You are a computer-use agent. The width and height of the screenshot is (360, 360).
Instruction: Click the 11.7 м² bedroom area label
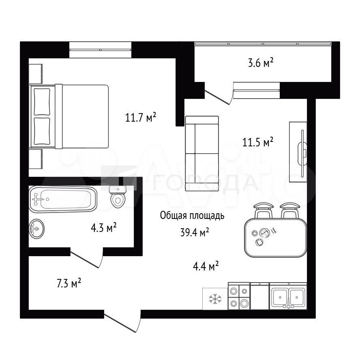click(x=141, y=117)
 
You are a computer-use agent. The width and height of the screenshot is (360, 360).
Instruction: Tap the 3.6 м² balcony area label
click(x=261, y=62)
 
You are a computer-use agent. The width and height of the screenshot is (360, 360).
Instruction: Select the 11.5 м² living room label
click(x=258, y=142)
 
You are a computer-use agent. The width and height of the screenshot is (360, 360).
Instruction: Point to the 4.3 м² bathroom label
click(x=103, y=227)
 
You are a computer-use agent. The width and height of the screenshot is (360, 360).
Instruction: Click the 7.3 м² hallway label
click(x=69, y=283)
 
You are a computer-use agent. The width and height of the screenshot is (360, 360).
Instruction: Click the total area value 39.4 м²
click(x=195, y=233)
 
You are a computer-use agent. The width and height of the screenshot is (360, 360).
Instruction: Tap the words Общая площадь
click(x=192, y=216)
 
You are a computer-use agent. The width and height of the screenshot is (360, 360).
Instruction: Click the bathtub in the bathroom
click(x=63, y=199)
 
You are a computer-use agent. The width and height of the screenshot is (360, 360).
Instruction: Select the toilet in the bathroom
click(x=118, y=196)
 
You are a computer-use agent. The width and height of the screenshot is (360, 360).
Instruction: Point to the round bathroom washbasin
click(x=36, y=229)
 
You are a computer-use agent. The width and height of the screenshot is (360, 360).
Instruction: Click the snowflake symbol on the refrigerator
click(x=215, y=299)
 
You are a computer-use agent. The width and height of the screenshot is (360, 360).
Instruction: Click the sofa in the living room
click(x=202, y=153)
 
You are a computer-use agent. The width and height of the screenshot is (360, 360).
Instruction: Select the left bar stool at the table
click(x=263, y=210)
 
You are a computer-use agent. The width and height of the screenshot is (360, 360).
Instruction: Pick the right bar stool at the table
click(x=289, y=210)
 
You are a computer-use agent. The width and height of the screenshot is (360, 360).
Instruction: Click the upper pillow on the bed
click(x=42, y=102)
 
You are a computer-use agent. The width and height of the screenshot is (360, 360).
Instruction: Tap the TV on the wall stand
click(x=302, y=153)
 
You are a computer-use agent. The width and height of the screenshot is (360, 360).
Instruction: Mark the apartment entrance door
click(x=122, y=321)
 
